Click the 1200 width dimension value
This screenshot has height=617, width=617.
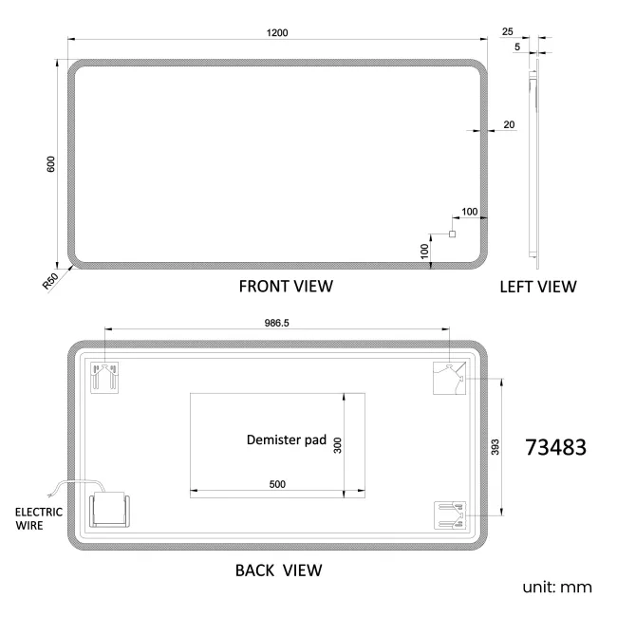click(277, 32)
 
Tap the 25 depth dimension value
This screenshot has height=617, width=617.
click(508, 31)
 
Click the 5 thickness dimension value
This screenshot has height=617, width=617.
click(517, 47)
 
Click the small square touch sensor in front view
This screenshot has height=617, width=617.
click(452, 234)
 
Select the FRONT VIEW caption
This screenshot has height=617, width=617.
click(285, 286)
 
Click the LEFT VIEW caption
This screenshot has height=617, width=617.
click(537, 286)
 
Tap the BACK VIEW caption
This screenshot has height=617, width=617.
click(278, 570)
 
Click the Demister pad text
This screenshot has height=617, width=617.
click(286, 440)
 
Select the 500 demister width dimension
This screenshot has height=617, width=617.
click(277, 484)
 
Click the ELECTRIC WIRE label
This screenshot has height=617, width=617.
click(39, 517)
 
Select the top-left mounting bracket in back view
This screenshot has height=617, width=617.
click(103, 377)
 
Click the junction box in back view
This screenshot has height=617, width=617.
click(112, 512)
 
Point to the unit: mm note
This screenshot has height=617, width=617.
click(557, 588)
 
